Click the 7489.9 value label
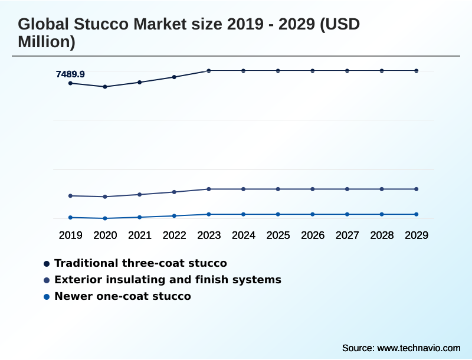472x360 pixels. click(70, 74)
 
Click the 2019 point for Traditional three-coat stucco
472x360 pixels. click(71, 83)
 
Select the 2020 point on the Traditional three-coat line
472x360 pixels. click(105, 87)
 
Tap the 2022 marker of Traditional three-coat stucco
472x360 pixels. click(174, 77)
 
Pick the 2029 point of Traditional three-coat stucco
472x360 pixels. click(417, 71)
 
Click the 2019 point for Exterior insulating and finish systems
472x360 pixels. click(71, 196)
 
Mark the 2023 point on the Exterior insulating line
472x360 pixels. click(209, 189)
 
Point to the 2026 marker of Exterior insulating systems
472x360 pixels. click(313, 189)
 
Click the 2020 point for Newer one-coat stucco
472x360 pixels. click(105, 218)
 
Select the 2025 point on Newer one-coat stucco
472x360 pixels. click(278, 214)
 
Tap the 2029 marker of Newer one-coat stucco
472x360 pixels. click(417, 214)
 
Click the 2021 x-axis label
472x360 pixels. click(140, 235)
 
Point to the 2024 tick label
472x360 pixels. click(244, 235)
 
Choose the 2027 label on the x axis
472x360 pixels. click(348, 235)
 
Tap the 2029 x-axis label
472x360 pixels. click(417, 235)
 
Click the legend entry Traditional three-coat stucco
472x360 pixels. click(140, 263)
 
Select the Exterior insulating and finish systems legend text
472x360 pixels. click(168, 280)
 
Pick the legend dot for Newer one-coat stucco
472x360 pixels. click(47, 296)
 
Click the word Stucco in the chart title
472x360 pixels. click(96, 25)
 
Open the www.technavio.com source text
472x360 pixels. click(418, 348)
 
